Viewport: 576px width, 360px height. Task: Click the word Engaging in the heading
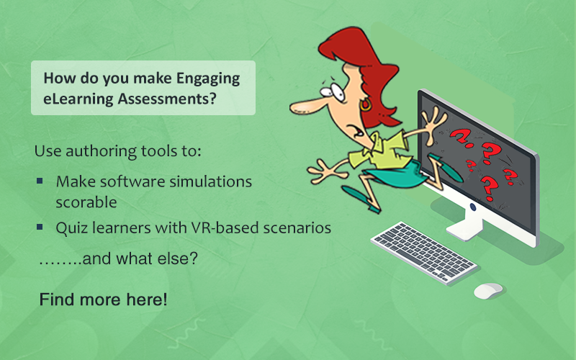click(x=208, y=79)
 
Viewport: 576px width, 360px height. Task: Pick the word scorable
click(x=86, y=202)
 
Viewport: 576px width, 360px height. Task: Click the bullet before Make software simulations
click(x=40, y=181)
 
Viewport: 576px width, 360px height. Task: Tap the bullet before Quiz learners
click(x=40, y=227)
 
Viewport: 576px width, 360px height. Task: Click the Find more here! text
click(x=103, y=300)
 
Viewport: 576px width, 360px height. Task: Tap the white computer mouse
click(x=488, y=291)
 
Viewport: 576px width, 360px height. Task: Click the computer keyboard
click(x=424, y=253)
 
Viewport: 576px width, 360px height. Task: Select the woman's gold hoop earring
click(x=366, y=105)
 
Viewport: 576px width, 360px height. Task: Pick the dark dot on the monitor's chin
click(x=473, y=207)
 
